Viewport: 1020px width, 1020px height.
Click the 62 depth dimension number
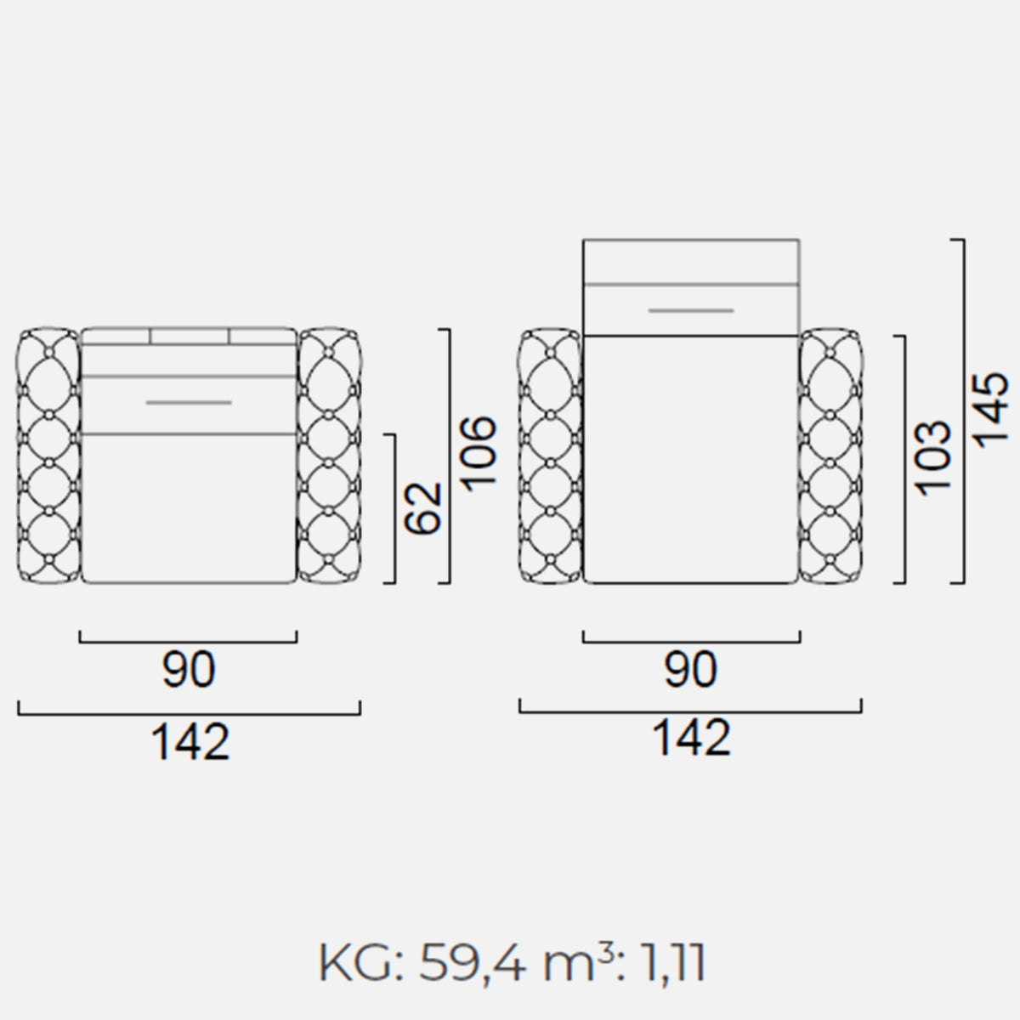pyautogui.click(x=422, y=507)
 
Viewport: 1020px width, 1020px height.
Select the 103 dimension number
pyautogui.click(x=933, y=458)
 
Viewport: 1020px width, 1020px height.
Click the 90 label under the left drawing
pyautogui.click(x=189, y=669)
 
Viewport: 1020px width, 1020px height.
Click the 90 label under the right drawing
pyautogui.click(x=691, y=669)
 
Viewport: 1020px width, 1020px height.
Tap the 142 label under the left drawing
pyautogui.click(x=190, y=741)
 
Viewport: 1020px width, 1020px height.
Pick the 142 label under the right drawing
pyautogui.click(x=691, y=738)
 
